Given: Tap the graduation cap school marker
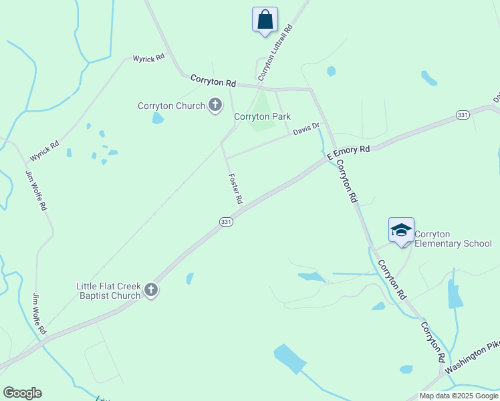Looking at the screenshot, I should (x=401, y=231).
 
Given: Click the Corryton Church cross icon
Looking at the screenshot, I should (x=215, y=105).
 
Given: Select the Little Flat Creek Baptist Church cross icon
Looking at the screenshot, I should (x=151, y=290).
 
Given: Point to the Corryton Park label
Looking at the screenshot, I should (x=262, y=116).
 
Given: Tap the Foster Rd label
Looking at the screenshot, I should (x=235, y=188).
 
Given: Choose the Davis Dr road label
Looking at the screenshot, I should (x=306, y=128).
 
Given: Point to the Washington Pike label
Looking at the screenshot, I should (x=472, y=358).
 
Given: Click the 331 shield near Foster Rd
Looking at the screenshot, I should (x=227, y=222).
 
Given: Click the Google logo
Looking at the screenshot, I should (x=22, y=393).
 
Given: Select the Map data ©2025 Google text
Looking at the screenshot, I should (x=458, y=396).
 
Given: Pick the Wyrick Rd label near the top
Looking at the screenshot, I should (x=148, y=59).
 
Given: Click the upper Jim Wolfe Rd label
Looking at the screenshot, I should (x=36, y=191).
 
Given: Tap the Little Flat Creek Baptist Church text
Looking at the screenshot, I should (x=108, y=291).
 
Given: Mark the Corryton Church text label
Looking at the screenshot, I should (x=171, y=106).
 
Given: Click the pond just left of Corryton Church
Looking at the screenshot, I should (x=158, y=118).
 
